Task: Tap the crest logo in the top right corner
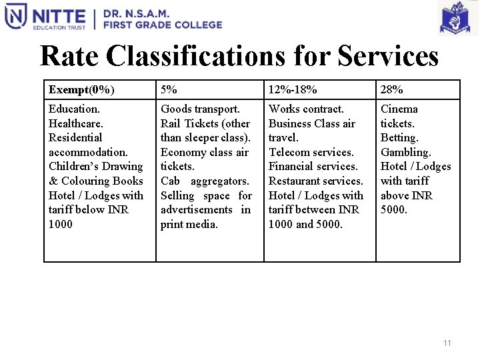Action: [458, 18]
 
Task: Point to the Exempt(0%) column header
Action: [81, 89]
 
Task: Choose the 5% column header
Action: [169, 89]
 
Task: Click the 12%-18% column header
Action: [293, 89]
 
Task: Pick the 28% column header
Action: [392, 89]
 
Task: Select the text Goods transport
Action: [200, 109]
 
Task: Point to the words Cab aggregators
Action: [205, 181]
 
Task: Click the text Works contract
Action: [306, 109]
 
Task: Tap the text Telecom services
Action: [311, 152]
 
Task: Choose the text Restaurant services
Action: [316, 181]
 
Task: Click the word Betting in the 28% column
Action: [399, 137]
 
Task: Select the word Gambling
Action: [406, 152]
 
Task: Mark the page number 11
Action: [447, 343]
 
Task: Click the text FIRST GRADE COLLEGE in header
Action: [162, 25]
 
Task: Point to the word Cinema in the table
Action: [399, 109]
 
